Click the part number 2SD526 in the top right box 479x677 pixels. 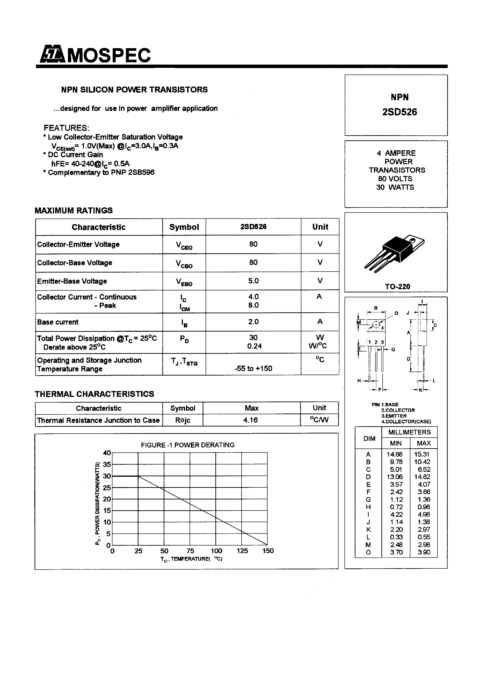coord(399,112)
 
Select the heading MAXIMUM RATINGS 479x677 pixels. coord(73,210)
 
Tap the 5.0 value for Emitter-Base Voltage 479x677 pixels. coord(253,281)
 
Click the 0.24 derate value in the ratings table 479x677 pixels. coord(254,346)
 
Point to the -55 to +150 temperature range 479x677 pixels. coord(253,368)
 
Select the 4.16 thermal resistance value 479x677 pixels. coord(250,420)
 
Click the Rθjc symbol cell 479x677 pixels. coord(182,420)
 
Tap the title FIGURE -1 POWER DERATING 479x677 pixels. coord(188,445)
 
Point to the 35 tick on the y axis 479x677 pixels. coord(107,464)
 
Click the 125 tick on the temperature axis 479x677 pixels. coord(242,551)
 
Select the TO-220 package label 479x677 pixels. coord(397,286)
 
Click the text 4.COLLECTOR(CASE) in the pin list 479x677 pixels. coord(406,422)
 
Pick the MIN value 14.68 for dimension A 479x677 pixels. coord(395,454)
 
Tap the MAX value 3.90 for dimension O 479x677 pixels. coord(424,552)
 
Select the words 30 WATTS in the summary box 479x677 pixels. coord(395,187)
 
